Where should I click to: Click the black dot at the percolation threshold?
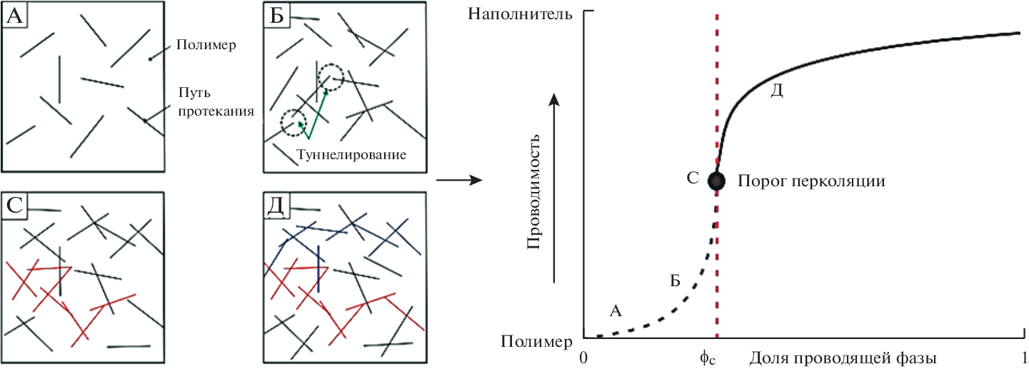(716, 181)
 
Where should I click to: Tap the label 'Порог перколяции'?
(811, 181)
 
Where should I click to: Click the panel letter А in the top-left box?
(14, 15)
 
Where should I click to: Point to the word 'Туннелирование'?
(349, 154)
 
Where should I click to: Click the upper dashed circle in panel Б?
(331, 75)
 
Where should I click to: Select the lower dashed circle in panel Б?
(293, 123)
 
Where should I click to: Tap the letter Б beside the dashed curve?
(674, 280)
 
